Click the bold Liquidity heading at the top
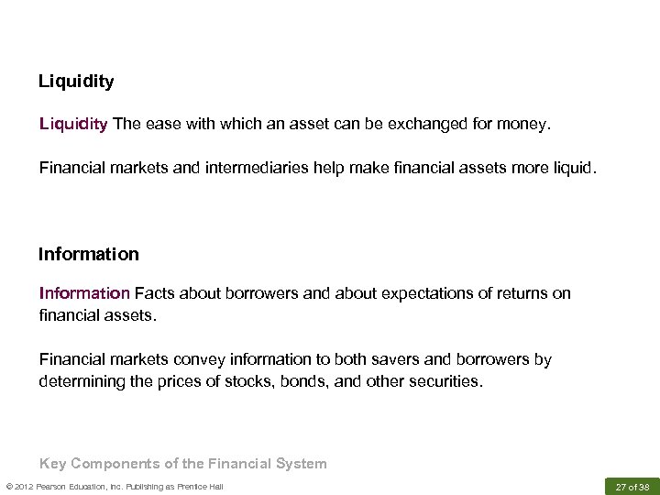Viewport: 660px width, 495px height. [76, 82]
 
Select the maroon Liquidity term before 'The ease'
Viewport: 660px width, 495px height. [73, 124]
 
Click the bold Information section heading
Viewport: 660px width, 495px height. [89, 254]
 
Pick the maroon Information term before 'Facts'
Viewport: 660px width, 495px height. [84, 293]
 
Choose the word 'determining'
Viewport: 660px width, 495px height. [82, 380]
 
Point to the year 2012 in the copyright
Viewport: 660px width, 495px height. [23, 486]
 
